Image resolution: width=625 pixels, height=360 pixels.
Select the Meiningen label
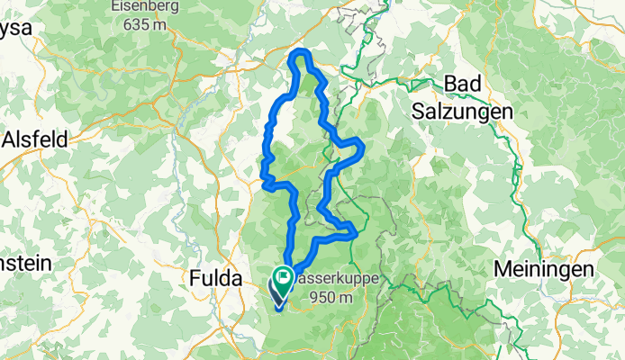click(543, 269)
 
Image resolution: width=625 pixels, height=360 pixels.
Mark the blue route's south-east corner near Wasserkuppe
click(356, 234)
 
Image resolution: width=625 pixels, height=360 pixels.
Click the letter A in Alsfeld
click(8, 139)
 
